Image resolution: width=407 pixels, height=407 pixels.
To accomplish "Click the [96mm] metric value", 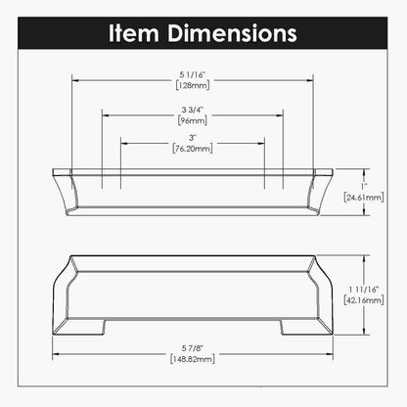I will tap(193, 122).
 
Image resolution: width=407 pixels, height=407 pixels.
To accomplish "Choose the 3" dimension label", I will tap(193, 138).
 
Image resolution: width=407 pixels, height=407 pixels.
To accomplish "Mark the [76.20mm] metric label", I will tap(193, 150).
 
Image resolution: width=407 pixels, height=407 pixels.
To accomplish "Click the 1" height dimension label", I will tap(361, 185).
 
